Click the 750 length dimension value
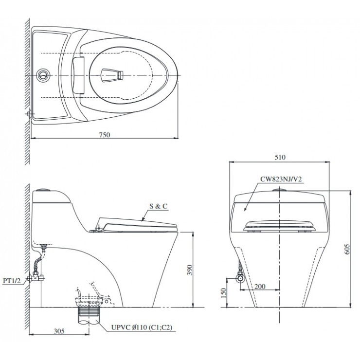pyautogui.click(x=105, y=135)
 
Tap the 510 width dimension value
pyautogui.click(x=280, y=157)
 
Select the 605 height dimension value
pyautogui.click(x=347, y=249)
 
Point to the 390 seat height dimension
pyautogui.click(x=189, y=270)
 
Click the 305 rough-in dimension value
pyautogui.click(x=59, y=331)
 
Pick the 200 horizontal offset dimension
pyautogui.click(x=260, y=287)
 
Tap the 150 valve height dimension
pyautogui.click(x=223, y=293)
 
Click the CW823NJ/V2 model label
pyautogui.click(x=281, y=179)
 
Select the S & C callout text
pyautogui.click(x=159, y=206)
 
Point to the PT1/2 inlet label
pyautogui.click(x=12, y=281)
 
